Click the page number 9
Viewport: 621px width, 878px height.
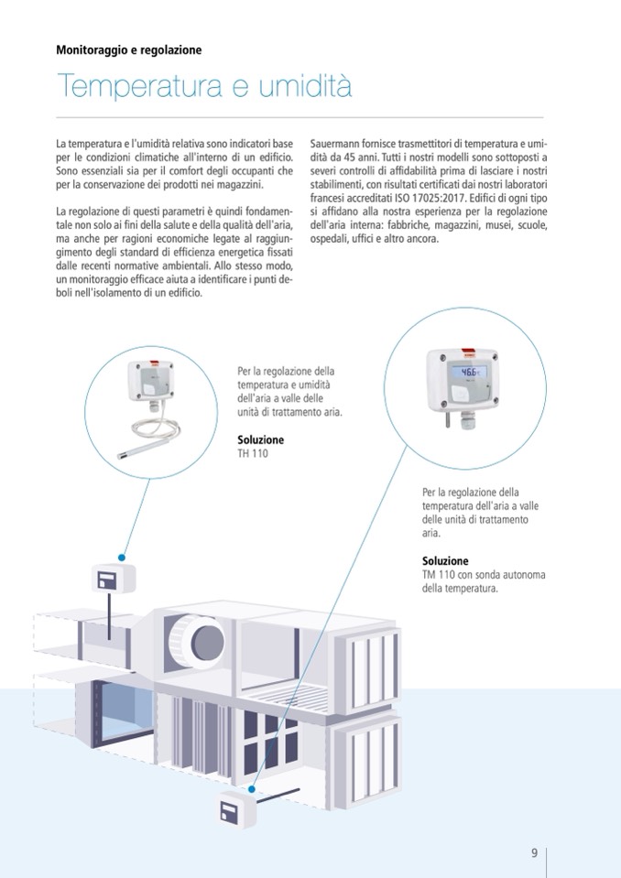(534, 852)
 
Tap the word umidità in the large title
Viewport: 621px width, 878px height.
(305, 86)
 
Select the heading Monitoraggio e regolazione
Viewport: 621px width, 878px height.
(129, 49)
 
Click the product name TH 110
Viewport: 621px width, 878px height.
(253, 453)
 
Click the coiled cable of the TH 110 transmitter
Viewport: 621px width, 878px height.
(155, 430)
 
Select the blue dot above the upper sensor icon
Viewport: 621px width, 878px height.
(122, 558)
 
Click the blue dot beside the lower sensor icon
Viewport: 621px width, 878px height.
(252, 789)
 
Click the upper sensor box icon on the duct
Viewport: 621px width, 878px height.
(114, 579)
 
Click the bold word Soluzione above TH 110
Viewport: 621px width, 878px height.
(260, 439)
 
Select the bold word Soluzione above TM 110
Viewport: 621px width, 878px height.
(445, 560)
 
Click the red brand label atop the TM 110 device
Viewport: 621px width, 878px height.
(469, 352)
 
